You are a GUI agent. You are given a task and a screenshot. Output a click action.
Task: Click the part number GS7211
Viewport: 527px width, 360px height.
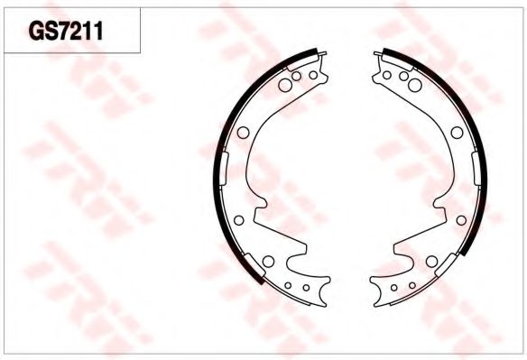(x=66, y=32)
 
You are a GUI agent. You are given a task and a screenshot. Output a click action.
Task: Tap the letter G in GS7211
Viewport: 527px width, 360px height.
(x=36, y=32)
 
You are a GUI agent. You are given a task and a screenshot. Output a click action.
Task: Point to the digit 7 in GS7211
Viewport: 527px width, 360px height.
(x=66, y=32)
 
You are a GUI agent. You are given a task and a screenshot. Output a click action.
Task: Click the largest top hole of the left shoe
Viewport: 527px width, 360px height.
(x=285, y=85)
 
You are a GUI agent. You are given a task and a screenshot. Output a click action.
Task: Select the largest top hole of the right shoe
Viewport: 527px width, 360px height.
(x=415, y=85)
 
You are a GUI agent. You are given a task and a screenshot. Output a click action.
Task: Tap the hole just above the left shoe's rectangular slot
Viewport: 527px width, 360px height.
(x=243, y=133)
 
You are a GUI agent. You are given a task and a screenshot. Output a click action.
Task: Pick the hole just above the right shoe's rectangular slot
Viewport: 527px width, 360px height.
(x=457, y=133)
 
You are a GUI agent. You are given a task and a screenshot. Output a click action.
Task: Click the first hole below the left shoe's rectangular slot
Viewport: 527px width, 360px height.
(x=238, y=220)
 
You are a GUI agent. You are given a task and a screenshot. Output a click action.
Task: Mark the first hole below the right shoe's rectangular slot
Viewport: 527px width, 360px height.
(x=461, y=220)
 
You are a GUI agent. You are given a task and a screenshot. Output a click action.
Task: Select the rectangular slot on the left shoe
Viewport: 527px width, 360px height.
(x=225, y=169)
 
